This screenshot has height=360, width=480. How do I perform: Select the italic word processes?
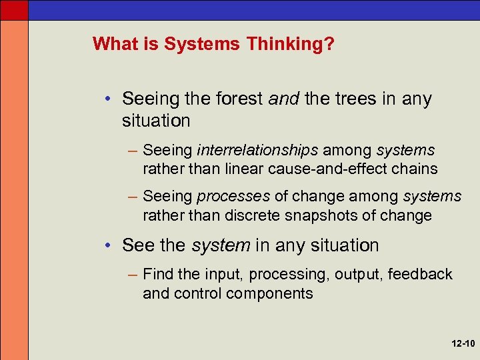click(x=233, y=197)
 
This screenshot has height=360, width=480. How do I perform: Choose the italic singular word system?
click(x=221, y=245)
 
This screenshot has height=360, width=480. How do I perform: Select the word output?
click(x=355, y=274)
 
